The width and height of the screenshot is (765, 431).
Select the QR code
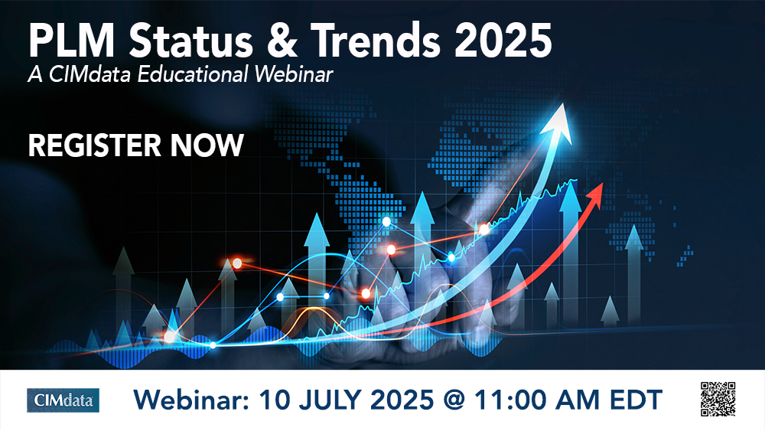click(x=717, y=398)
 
